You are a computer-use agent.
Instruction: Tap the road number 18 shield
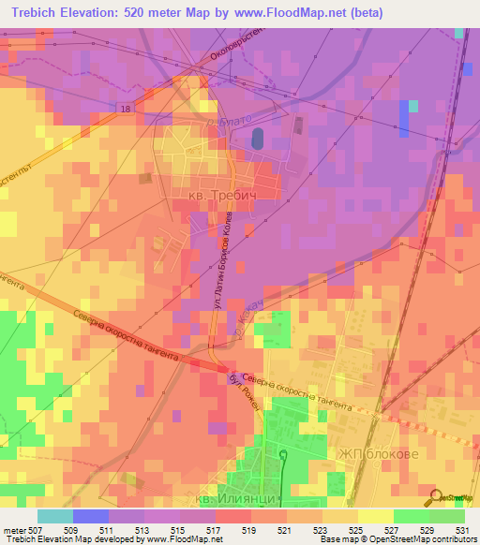point(125,110)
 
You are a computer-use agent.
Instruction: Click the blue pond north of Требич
point(257,139)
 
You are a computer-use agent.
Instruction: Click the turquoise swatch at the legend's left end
point(54,515)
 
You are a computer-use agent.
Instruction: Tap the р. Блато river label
point(224,123)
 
